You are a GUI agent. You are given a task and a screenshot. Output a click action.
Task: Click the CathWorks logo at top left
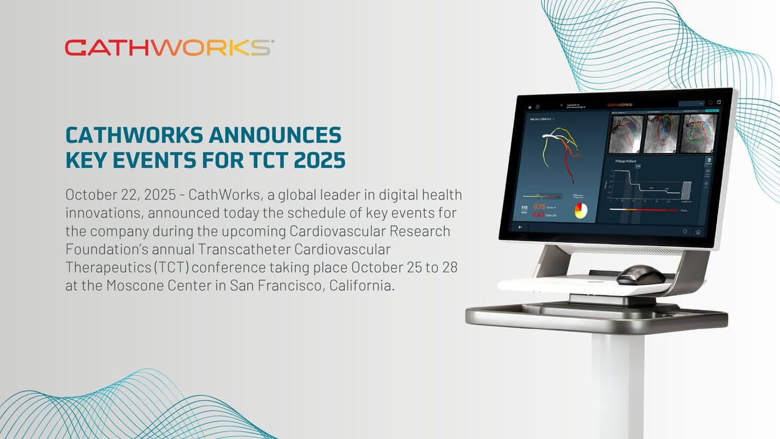(169, 47)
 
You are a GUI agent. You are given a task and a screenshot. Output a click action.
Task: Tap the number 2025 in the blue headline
(319, 160)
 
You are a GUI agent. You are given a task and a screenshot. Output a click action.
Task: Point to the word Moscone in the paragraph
(137, 286)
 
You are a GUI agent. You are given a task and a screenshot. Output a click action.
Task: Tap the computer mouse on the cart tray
(640, 275)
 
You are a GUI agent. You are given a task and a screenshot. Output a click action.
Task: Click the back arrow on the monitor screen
(520, 227)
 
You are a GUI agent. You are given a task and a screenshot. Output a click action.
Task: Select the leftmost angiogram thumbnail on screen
(625, 133)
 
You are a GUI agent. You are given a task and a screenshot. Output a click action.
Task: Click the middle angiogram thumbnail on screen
(662, 132)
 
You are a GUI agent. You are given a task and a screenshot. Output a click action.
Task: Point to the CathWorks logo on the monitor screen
(620, 104)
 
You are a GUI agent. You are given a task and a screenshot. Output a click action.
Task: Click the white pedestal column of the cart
(617, 384)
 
